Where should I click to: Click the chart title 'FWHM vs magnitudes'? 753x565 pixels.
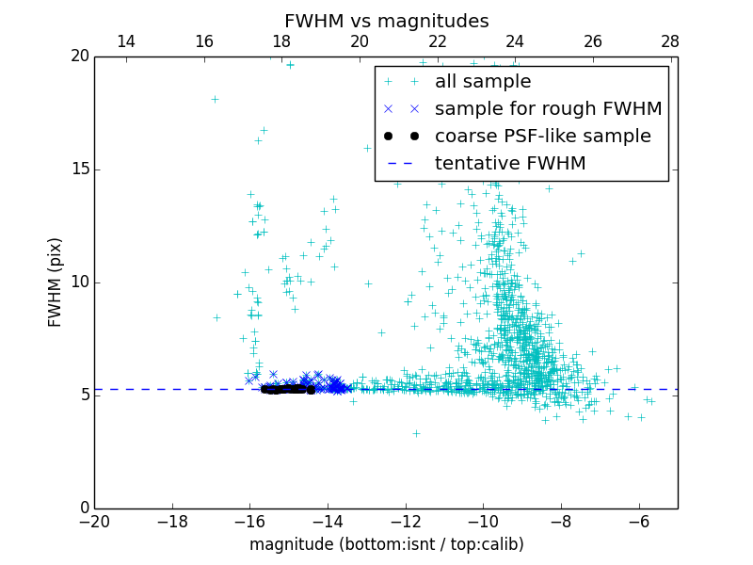[386, 21]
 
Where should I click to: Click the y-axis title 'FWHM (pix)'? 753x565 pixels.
[56, 282]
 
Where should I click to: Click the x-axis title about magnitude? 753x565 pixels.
[386, 544]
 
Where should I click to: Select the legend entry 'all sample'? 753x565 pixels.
[482, 82]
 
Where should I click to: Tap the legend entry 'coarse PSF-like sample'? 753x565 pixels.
[542, 137]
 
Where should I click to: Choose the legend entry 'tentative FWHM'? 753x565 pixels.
[510, 164]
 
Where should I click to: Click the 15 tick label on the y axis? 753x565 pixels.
[79, 169]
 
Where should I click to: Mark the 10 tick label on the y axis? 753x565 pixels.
[79, 282]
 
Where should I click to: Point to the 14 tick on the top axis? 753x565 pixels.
[125, 41]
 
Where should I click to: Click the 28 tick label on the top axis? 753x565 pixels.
[670, 41]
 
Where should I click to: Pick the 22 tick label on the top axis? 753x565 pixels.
[437, 41]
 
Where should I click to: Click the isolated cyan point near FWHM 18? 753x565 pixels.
[215, 99]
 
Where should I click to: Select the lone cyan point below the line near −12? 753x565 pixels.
[416, 433]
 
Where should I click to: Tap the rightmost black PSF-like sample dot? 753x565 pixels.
[311, 390]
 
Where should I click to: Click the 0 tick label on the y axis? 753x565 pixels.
[84, 508]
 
